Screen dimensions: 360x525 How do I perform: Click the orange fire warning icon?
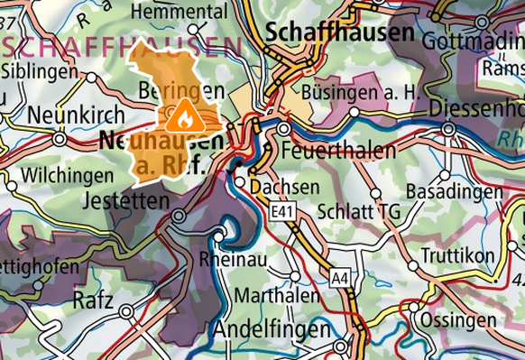coord(183,115)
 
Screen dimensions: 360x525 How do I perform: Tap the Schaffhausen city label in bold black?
coord(340,32)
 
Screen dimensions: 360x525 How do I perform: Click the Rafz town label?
coord(93,300)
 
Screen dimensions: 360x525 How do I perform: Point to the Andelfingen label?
coord(272,329)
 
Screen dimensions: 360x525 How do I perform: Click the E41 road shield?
coord(282,210)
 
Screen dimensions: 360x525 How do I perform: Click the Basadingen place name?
coord(454,192)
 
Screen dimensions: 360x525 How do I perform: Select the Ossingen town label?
coord(461,322)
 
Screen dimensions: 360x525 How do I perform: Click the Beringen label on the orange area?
coord(181,90)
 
